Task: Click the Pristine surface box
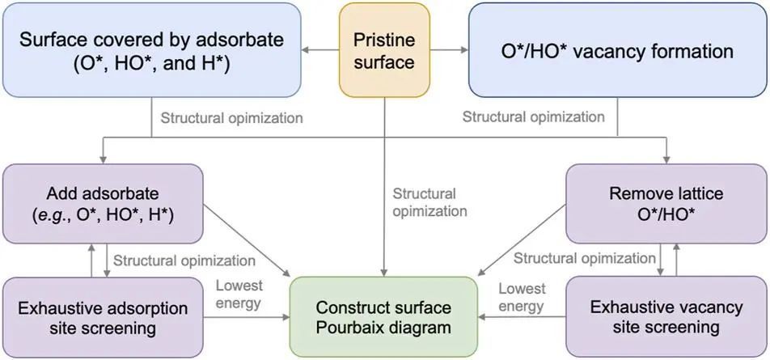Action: (x=384, y=50)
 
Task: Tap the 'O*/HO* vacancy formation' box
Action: (x=616, y=50)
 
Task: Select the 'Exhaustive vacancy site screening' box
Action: (x=666, y=317)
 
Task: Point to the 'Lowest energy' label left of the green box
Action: (x=239, y=295)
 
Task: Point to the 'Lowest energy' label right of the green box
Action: (x=522, y=295)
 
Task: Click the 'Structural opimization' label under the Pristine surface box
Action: (x=429, y=202)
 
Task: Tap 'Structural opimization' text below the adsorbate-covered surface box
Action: (x=231, y=118)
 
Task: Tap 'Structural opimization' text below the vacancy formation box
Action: (x=533, y=117)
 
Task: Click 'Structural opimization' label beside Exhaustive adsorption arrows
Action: (x=184, y=260)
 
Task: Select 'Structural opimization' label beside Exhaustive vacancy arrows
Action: (x=585, y=259)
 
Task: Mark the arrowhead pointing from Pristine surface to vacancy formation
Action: (x=464, y=50)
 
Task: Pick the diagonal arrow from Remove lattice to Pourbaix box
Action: (x=522, y=239)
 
